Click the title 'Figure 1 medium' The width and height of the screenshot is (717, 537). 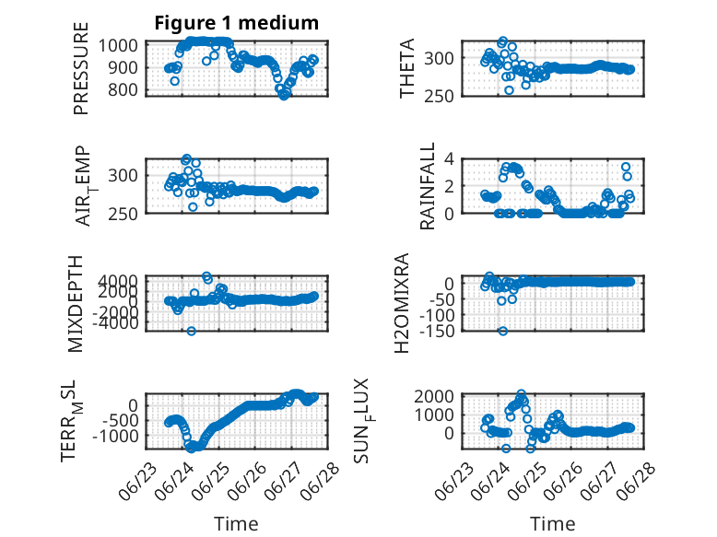(237, 23)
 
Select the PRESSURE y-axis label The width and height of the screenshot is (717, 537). (80, 68)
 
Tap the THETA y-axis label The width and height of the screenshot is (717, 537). (406, 68)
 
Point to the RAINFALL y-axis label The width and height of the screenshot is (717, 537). (427, 186)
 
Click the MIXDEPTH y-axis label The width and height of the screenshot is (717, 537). (76, 304)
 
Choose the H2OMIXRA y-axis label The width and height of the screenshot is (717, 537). (402, 303)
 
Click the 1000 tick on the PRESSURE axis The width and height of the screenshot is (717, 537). (118, 46)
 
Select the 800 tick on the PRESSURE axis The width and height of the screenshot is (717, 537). (123, 90)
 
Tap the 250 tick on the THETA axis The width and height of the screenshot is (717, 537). (439, 97)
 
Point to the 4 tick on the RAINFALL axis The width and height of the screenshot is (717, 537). (449, 159)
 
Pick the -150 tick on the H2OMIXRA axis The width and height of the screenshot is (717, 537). (436, 331)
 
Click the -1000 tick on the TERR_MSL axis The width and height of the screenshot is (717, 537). (115, 436)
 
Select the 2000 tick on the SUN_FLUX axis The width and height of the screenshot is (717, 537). (434, 396)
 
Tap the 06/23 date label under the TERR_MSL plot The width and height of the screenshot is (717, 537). (137, 482)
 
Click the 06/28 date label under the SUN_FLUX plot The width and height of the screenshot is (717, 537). (636, 482)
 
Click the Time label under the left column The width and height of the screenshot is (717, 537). (236, 524)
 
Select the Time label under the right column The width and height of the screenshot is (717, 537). (552, 524)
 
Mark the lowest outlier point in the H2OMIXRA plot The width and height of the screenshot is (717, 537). (503, 331)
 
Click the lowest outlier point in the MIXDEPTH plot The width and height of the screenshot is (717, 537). (192, 331)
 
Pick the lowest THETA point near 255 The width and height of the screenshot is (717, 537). (509, 90)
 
